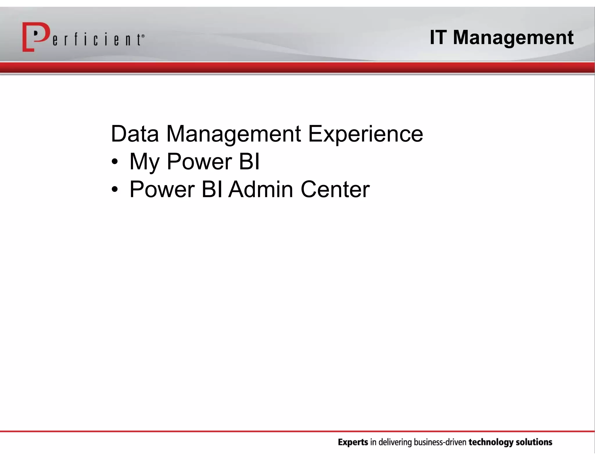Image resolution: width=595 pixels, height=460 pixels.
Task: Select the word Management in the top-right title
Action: pyautogui.click(x=513, y=38)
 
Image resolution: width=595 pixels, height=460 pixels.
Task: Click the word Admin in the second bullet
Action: pyautogui.click(x=261, y=189)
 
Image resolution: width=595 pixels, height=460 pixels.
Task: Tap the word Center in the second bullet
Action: pyautogui.click(x=335, y=189)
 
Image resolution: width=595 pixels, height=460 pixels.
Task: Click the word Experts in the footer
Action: pyautogui.click(x=353, y=442)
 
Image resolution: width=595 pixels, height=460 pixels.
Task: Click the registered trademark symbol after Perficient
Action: pyautogui.click(x=143, y=36)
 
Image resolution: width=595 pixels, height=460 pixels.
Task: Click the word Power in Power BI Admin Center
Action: pyautogui.click(x=162, y=189)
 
